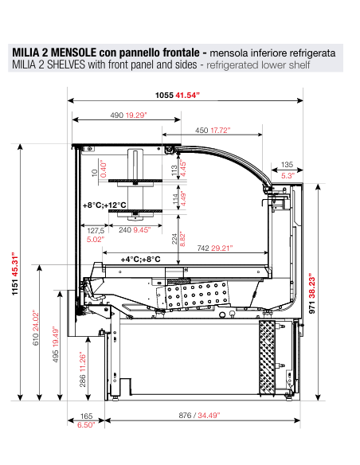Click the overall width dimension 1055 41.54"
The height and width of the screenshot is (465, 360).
point(177,95)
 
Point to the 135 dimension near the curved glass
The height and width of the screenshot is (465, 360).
point(288,166)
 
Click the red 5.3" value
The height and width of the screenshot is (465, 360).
point(288,175)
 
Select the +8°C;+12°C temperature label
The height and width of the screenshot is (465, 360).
point(105,205)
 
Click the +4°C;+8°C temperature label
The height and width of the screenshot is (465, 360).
point(140,259)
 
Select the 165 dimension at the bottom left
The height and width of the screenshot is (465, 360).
point(86,416)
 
